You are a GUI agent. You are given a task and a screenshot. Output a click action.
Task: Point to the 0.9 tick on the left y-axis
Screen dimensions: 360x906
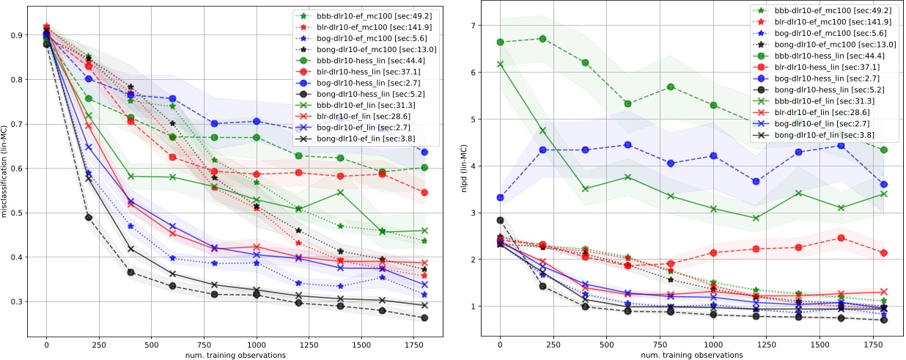coord(17,34)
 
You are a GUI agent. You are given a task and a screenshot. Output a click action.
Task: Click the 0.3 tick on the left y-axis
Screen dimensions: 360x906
coord(17,301)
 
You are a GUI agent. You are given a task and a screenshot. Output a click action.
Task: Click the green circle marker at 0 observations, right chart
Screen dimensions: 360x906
coord(500,42)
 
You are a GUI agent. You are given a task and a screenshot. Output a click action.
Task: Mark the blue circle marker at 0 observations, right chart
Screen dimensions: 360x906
coord(500,197)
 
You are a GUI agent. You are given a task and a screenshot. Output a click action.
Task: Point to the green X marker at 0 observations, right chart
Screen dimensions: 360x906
coord(500,65)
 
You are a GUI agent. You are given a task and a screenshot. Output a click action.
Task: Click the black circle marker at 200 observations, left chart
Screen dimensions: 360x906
coord(89,217)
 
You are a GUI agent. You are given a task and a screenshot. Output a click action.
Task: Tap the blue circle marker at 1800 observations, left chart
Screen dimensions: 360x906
coord(424,152)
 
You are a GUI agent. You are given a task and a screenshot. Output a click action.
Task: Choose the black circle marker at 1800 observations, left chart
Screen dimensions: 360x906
coord(424,317)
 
